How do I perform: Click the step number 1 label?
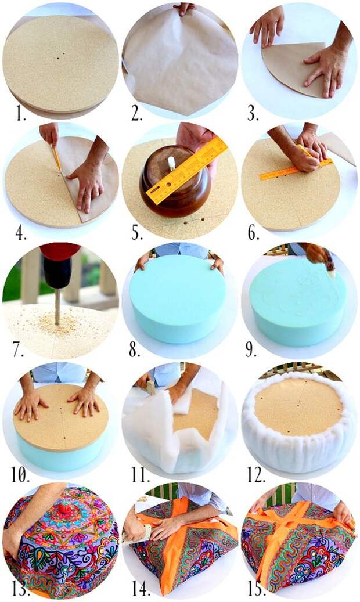20,114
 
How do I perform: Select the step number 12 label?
256,475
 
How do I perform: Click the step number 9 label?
251,350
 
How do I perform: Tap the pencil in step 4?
56,158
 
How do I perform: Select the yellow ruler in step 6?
296,168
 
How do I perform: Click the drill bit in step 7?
57,307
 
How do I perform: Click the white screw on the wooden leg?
171,163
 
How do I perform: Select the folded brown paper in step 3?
294,69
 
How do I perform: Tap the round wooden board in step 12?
298,406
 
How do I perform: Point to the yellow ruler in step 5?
186,170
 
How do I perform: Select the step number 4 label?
20,233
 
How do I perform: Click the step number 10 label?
20,475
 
